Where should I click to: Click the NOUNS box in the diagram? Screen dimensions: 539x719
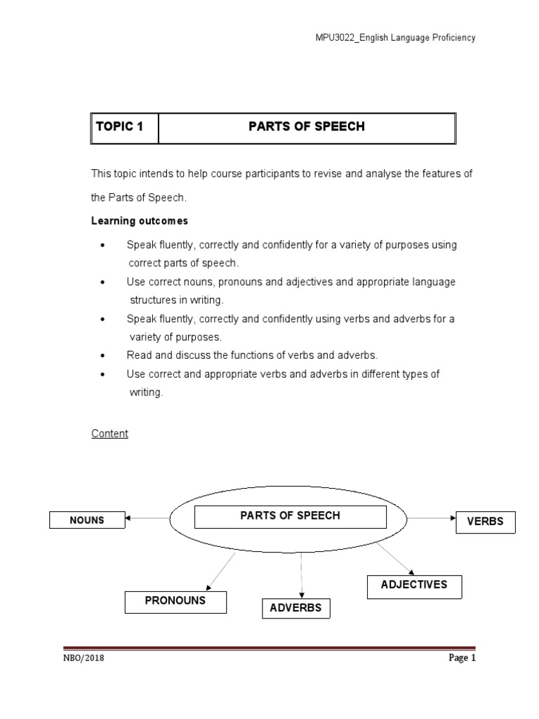pyautogui.click(x=87, y=520)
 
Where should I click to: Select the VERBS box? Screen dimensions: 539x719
pyautogui.click(x=485, y=522)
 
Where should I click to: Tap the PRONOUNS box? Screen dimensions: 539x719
pyautogui.click(x=175, y=602)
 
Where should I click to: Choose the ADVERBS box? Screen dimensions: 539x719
pyautogui.click(x=295, y=608)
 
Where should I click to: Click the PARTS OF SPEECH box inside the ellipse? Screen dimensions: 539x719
pyautogui.click(x=290, y=516)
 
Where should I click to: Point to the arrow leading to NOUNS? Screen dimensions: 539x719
pyautogui.click(x=147, y=519)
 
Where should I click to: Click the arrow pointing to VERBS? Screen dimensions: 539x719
pyautogui.click(x=432, y=519)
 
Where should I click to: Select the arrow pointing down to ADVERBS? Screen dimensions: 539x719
pyautogui.click(x=301, y=576)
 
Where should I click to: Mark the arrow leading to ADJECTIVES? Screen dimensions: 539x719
pyautogui.click(x=396, y=559)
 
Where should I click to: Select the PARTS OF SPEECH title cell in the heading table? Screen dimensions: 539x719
pyautogui.click(x=307, y=128)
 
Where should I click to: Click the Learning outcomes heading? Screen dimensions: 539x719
pyautogui.click(x=140, y=220)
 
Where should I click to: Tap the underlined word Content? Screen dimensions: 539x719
pyautogui.click(x=109, y=434)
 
